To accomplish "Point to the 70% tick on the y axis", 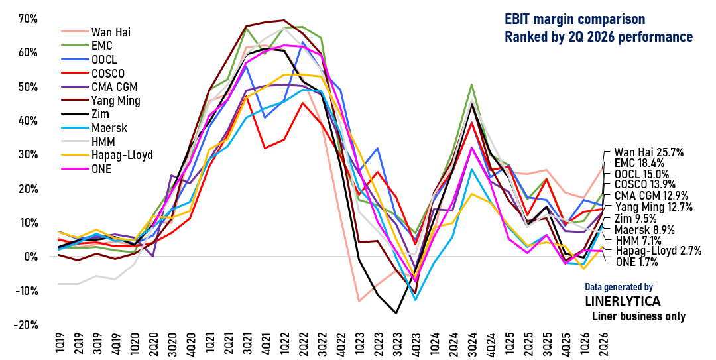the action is click(x=28, y=19).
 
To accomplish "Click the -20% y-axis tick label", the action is click(x=25, y=325).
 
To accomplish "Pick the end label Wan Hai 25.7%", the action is click(x=648, y=152).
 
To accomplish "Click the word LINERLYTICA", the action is click(x=623, y=302).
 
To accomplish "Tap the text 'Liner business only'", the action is click(x=638, y=316).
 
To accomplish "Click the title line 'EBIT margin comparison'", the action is click(x=574, y=19).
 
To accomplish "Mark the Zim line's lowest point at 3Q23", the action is click(x=396, y=313).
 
